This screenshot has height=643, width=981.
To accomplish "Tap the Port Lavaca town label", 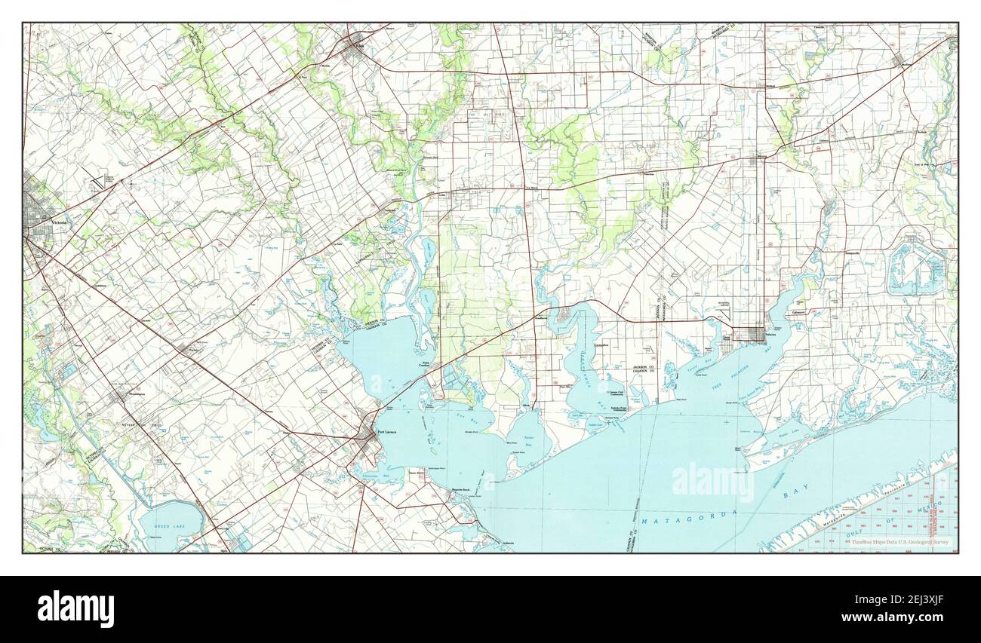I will pos(386,432).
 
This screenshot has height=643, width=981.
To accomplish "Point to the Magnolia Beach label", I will pos(461,490).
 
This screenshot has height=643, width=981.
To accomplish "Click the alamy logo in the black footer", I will pos(75,608).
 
